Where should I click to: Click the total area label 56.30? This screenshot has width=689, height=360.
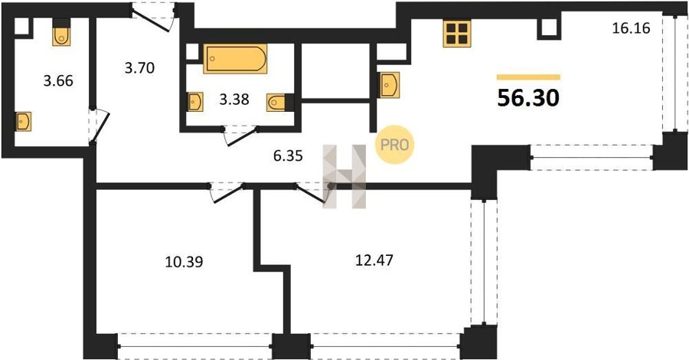click(x=528, y=99)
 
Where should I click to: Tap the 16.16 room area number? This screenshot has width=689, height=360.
click(x=632, y=28)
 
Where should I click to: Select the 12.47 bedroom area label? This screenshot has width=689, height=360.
click(x=374, y=260)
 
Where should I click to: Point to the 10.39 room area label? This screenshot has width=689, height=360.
click(x=184, y=262)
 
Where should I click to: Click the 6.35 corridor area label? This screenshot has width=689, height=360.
click(x=288, y=155)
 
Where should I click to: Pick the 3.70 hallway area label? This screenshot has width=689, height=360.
click(x=139, y=68)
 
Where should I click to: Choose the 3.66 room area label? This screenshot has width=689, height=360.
click(x=58, y=81)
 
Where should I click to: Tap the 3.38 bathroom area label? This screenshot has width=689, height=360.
click(x=234, y=100)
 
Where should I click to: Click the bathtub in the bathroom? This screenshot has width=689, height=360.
click(x=235, y=58)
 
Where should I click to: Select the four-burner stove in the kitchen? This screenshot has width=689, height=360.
click(x=457, y=34)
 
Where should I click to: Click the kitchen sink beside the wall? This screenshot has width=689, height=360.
click(x=390, y=85)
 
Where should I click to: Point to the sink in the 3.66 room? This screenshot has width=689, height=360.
click(x=23, y=121)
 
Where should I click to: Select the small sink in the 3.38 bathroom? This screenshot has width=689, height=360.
click(x=195, y=102)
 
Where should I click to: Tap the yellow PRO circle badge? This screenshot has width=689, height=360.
click(x=394, y=145)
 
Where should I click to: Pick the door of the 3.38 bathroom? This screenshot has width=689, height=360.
click(x=240, y=136)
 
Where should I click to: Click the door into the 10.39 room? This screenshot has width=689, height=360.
click(x=227, y=193)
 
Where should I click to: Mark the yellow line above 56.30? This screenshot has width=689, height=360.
click(x=528, y=77)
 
